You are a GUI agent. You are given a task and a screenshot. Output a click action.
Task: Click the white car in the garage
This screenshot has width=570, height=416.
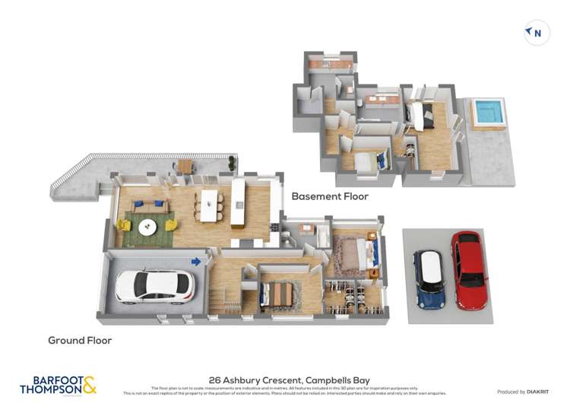click(155, 286)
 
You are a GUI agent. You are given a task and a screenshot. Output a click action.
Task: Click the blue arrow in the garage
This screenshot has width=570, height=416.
click(196, 262)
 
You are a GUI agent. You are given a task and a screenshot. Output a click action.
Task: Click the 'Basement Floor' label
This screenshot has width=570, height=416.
click(330, 196)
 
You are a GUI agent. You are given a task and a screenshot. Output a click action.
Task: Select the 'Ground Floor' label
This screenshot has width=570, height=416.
click(80, 340)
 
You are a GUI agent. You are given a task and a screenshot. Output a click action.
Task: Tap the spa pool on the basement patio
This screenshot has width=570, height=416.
click(488, 112)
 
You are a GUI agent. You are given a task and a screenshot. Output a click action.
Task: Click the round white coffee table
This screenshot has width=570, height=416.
click(147, 226)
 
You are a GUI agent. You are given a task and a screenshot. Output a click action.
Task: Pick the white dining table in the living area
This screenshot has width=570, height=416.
click(208, 205)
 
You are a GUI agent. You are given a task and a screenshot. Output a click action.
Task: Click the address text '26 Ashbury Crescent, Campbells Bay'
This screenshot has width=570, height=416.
click(284, 379)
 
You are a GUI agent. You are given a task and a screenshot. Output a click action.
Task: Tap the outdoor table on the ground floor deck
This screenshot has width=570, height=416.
click(186, 166)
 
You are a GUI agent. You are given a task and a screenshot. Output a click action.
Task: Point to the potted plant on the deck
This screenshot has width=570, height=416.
click(232, 162)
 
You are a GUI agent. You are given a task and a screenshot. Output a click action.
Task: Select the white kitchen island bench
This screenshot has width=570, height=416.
click(238, 202)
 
